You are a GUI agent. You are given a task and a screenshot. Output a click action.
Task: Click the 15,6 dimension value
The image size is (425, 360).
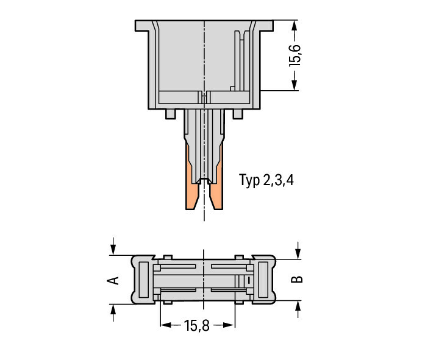tap(295, 55)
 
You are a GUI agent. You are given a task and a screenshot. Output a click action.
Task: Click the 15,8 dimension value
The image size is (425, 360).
tap(197, 325)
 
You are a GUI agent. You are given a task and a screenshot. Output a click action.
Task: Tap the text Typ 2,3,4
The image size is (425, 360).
tap(266, 180)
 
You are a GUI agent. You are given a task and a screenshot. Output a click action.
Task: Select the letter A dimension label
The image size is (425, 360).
tap(113, 280)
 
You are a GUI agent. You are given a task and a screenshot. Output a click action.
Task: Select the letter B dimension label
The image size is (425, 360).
tap(297, 280)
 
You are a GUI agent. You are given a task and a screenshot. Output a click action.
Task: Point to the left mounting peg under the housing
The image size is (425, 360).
tap(171, 114)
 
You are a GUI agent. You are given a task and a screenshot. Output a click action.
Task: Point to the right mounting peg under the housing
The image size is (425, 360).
tap(238, 114)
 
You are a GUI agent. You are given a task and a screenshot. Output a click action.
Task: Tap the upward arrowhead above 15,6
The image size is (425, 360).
tap(295, 25)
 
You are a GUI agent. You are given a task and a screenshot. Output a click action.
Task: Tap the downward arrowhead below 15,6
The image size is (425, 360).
tap(295, 85)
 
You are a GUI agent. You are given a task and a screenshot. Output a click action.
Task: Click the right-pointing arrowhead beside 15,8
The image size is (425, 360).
tap(229, 325)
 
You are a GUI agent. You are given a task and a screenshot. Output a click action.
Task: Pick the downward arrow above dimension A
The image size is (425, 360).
tap(113, 246)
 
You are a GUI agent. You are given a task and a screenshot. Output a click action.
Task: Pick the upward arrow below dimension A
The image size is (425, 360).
tap(113, 312)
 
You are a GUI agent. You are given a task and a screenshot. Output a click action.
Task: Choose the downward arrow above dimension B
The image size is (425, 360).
tap(298, 250)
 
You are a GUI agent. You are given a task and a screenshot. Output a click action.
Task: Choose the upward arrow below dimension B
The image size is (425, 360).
tap(298, 309)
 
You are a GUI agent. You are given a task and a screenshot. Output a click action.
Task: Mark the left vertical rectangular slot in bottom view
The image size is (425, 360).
tap(144, 280)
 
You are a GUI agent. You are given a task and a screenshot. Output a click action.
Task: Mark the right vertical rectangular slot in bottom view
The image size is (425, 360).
tap(263, 280)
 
